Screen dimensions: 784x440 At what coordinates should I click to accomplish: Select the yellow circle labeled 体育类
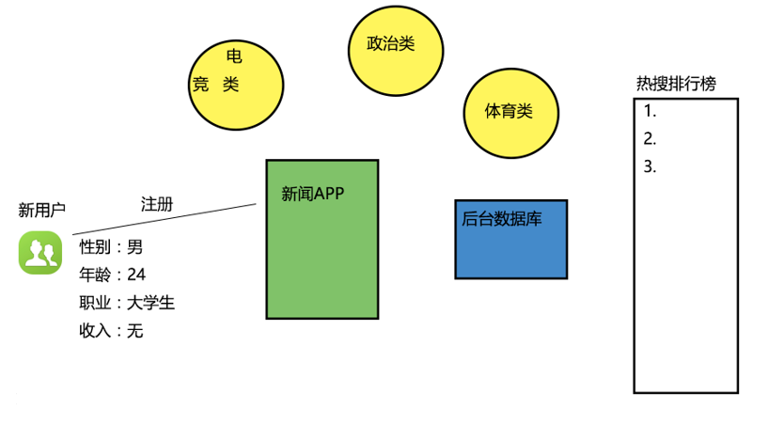(x=510, y=113)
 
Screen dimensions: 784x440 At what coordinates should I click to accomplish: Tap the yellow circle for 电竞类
(x=236, y=86)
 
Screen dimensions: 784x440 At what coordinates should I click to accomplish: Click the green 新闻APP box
(x=322, y=254)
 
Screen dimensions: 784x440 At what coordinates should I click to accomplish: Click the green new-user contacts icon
(x=39, y=252)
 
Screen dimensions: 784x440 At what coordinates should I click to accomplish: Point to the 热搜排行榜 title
(x=676, y=84)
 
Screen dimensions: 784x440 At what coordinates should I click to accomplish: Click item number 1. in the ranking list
(x=650, y=110)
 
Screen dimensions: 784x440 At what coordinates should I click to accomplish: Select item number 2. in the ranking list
(x=650, y=139)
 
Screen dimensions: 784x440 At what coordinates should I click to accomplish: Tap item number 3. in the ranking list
(x=650, y=167)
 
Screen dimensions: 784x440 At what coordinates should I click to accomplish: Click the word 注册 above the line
(x=157, y=204)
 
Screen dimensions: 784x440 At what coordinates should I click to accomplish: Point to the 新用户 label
(x=42, y=210)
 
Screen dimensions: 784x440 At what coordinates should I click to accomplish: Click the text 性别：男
(x=112, y=247)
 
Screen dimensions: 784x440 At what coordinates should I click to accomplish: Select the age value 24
(x=136, y=275)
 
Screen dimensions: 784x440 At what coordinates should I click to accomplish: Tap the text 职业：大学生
(x=127, y=303)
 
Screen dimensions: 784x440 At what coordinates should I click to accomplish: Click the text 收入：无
(x=112, y=331)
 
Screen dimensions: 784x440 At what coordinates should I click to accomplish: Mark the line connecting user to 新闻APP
(x=165, y=219)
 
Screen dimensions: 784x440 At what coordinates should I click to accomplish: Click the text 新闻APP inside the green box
(x=313, y=194)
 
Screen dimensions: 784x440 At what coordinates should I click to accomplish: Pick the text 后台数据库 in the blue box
(x=501, y=219)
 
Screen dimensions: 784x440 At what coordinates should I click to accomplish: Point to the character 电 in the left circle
(x=235, y=56)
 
